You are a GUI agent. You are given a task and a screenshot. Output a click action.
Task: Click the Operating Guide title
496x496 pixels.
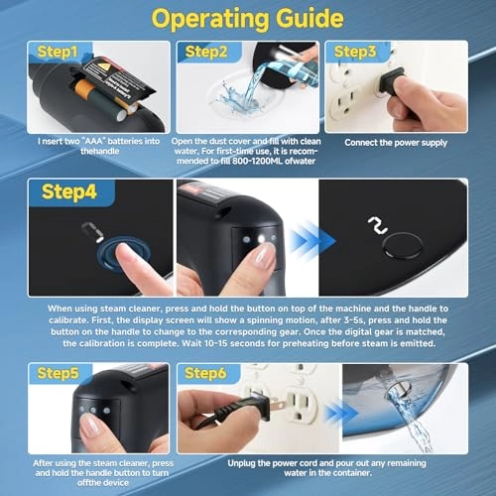click(x=248, y=19)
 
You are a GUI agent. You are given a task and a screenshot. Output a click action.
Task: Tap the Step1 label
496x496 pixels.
click(x=58, y=52)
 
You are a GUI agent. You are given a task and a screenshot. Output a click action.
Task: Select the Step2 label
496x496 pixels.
click(x=206, y=52)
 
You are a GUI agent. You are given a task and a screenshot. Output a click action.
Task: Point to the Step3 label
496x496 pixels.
click(x=355, y=52)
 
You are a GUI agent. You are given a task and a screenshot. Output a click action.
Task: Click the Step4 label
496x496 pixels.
click(x=69, y=191)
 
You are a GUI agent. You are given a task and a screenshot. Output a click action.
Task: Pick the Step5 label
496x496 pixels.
click(x=58, y=373)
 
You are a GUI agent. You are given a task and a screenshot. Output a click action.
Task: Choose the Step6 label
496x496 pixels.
click(x=205, y=373)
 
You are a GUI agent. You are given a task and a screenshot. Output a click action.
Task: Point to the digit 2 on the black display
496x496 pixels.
click(x=378, y=225)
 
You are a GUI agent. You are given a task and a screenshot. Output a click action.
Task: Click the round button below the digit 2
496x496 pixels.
click(x=402, y=245)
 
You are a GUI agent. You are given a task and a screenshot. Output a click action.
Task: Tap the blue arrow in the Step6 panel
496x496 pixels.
click(x=340, y=414)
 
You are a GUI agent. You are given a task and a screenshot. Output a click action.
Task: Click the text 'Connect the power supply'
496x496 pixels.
click(x=396, y=143)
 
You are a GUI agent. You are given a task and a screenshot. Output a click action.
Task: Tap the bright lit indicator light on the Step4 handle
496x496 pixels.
click(x=262, y=239)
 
